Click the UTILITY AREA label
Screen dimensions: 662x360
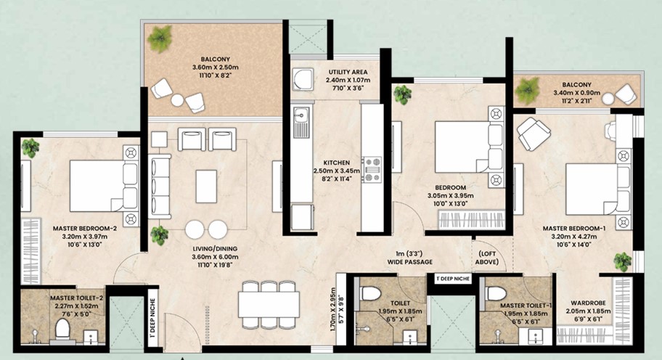[348, 72]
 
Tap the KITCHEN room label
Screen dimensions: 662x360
[337, 163]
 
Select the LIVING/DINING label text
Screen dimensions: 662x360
[215, 248]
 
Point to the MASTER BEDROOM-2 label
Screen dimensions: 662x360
[84, 229]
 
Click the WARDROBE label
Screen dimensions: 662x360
[588, 303]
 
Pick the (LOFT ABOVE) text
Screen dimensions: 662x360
[487, 258]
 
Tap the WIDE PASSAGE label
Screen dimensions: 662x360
[410, 262]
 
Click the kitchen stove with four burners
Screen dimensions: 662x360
[373, 169]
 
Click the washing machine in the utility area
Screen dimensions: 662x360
[303, 79]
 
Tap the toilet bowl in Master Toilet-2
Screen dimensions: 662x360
[63, 329]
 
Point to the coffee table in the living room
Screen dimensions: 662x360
[206, 186]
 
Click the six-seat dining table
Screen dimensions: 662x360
[269, 304]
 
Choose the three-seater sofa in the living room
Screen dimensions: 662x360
[159, 186]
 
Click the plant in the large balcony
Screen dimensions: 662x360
[160, 38]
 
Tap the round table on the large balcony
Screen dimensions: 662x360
[177, 100]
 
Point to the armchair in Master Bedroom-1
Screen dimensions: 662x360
[534, 134]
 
